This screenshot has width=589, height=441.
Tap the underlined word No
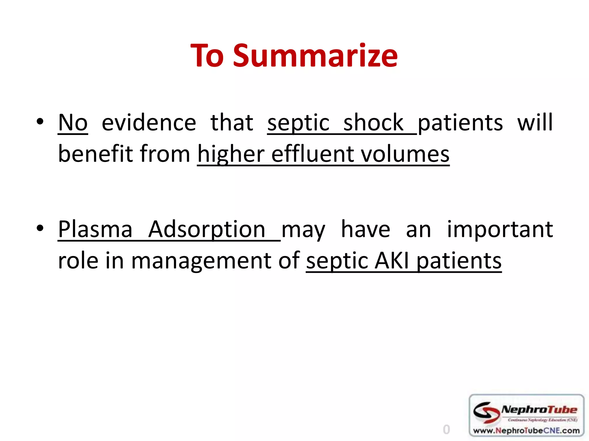point(73,123)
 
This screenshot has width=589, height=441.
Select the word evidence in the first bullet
point(149,123)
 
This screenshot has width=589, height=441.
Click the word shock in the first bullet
point(373,123)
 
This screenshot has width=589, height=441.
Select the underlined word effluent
point(312,154)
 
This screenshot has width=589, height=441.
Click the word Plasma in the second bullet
point(95,229)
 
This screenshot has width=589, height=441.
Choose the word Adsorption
point(206,230)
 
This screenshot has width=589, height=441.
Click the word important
point(500,230)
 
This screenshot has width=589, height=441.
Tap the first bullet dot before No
point(40,121)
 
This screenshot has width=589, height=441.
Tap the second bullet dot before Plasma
point(40,228)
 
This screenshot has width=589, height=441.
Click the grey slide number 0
point(446,430)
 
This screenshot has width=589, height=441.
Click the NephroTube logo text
point(539,410)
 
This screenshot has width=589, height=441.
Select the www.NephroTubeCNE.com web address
point(526,430)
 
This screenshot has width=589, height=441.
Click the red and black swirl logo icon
point(486,412)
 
